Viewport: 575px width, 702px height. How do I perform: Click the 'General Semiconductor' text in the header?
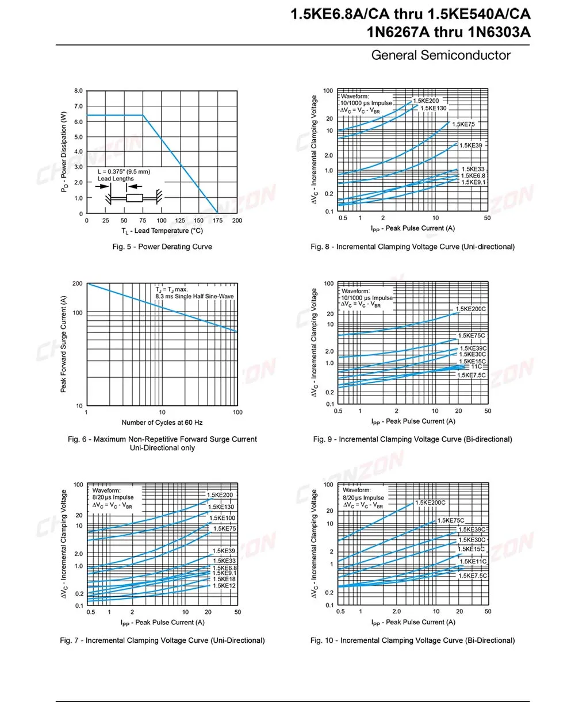440,55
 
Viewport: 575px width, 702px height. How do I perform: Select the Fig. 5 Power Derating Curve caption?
162,247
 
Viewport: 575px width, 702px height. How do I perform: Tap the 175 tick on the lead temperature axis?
218,221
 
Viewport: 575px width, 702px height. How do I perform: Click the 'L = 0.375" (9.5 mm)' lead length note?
124,171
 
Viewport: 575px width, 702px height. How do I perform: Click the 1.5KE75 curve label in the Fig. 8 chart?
462,124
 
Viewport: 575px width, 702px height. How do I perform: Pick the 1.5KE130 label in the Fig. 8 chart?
433,108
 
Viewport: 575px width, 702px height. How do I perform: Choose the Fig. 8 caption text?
412,247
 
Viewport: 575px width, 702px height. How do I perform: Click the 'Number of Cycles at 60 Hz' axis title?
162,423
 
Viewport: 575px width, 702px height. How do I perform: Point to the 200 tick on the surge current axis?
77,284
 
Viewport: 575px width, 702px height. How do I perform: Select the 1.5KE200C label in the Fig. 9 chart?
470,309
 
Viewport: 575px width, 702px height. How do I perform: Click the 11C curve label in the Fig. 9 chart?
476,366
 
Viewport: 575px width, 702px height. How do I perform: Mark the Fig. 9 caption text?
412,439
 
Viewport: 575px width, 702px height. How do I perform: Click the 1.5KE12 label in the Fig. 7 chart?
224,586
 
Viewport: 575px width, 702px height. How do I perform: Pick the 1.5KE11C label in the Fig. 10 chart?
473,561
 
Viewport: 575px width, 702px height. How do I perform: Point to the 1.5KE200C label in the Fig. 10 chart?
430,502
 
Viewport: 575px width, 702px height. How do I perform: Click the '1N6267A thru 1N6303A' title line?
448,33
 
